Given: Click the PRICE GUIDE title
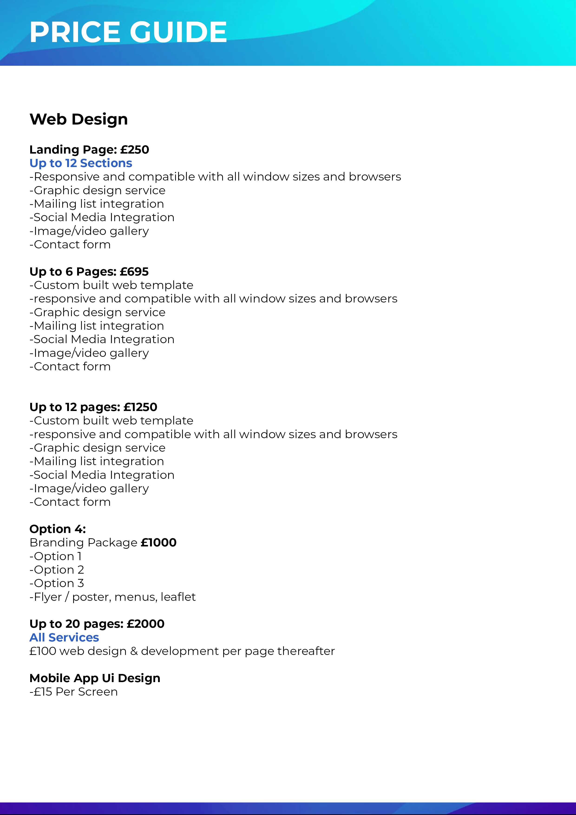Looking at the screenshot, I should click(x=128, y=32).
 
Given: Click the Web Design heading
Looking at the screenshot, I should click(x=79, y=119).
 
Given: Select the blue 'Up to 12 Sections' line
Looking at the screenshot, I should click(x=81, y=163).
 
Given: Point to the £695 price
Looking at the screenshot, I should click(x=134, y=272).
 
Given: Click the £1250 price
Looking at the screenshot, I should click(x=140, y=407).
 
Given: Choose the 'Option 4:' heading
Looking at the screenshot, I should click(x=58, y=529).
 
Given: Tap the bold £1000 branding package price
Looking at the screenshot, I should click(x=159, y=543).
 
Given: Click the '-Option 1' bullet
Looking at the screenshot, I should click(x=56, y=556).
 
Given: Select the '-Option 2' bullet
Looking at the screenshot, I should click(x=57, y=570).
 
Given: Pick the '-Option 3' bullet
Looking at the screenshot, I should click(x=57, y=583).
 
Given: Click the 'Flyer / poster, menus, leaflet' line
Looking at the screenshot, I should click(x=112, y=597).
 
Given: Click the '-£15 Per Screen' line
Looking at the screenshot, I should click(x=73, y=692).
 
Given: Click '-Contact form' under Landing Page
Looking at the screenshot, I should click(x=70, y=245).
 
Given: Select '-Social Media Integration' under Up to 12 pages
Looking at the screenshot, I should click(x=102, y=475).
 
